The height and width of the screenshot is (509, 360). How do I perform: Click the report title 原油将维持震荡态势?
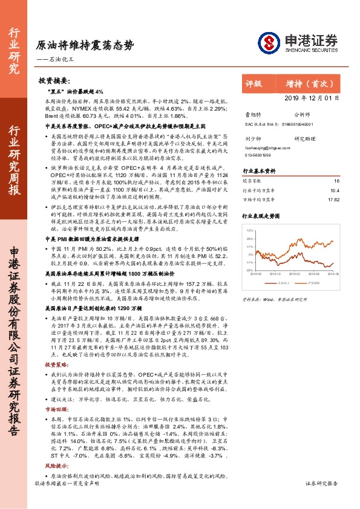[x=85, y=46]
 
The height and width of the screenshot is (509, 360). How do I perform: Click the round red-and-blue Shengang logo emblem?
[x=270, y=42]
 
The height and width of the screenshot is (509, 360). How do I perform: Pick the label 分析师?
[x=302, y=113]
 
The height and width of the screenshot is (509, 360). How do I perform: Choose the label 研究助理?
[x=305, y=138]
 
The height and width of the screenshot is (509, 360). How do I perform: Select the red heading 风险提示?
[x=57, y=467]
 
